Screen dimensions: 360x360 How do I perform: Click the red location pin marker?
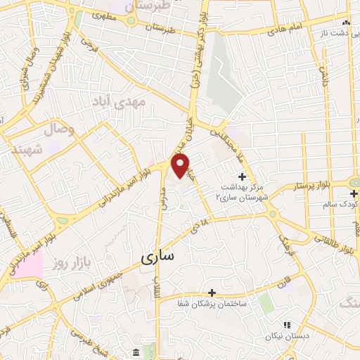(x=181, y=167)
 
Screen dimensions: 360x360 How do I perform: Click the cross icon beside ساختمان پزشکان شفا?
(x=211, y=292)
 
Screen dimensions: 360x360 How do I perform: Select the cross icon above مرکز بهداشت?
(x=243, y=176)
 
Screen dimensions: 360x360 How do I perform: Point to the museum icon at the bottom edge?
(x=134, y=352)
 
